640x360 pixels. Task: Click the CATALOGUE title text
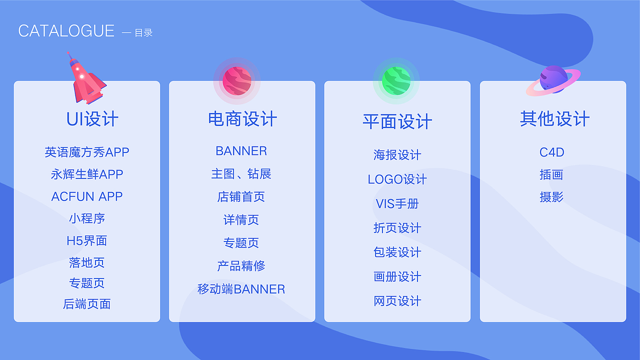[x=66, y=31]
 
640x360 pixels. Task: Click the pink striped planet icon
[x=237, y=80]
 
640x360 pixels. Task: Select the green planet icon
[x=396, y=80]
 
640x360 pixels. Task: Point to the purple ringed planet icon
[x=553, y=80]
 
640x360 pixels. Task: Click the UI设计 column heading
[x=92, y=119]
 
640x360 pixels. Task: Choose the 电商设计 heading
[x=242, y=119]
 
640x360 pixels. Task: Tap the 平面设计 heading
[x=397, y=121]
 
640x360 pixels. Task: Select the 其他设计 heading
[x=554, y=119]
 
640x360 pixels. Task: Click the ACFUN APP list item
[x=87, y=196]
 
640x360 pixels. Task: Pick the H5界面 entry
[x=87, y=240]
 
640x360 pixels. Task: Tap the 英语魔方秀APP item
[x=87, y=152]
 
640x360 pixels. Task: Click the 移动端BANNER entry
[x=241, y=289]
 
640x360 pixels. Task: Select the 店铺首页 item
[x=241, y=197]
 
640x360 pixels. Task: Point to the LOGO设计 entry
[x=397, y=179]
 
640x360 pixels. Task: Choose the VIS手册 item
[x=397, y=204]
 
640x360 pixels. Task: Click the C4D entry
[x=551, y=152]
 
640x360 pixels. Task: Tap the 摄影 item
[x=551, y=197]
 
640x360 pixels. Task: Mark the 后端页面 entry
[x=87, y=304]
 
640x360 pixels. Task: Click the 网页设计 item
[x=397, y=301]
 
